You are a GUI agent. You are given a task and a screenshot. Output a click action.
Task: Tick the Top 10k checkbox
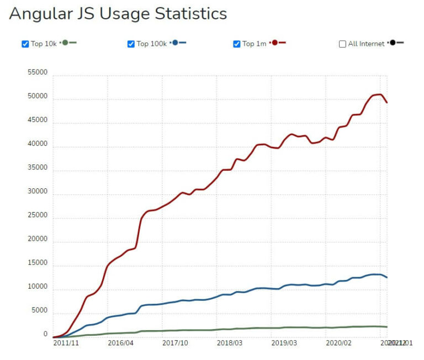coord(25,44)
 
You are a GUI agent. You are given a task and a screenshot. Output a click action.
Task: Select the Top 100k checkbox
coord(131,44)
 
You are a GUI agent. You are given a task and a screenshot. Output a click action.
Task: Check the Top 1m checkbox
coord(237,44)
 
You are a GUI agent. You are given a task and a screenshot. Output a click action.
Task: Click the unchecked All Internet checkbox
coord(342,44)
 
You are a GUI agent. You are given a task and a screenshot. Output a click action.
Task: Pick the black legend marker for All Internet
coord(392,43)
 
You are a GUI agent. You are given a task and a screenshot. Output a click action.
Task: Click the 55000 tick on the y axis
coord(38,73)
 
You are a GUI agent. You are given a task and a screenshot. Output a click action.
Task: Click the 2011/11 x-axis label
coord(66,343)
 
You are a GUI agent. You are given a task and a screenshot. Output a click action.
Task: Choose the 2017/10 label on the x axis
coord(174,343)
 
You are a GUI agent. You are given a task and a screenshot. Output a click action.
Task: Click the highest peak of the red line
coord(380,94)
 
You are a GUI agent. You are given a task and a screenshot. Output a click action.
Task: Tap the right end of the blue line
coord(386,277)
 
